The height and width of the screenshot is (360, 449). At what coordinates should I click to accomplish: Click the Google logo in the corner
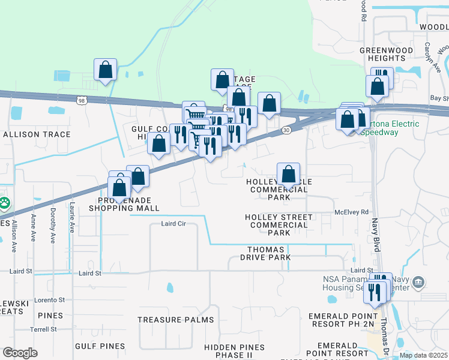20,353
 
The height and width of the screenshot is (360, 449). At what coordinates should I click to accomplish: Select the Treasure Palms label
168,320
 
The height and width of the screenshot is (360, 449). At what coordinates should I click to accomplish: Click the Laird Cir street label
174,223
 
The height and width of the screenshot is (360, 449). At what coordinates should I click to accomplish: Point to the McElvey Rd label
351,211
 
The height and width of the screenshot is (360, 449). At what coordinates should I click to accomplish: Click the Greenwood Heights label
382,54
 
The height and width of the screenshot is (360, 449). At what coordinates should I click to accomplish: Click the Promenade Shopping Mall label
124,204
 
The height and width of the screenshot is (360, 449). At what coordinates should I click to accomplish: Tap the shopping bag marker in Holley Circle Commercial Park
289,174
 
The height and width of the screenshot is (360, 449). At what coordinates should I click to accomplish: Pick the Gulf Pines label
100,346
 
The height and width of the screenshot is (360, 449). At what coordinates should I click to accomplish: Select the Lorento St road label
49,299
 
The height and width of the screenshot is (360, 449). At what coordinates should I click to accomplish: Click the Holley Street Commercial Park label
279,225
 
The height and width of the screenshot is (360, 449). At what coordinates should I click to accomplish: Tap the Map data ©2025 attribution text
423,355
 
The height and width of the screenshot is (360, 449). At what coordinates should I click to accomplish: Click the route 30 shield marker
286,130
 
